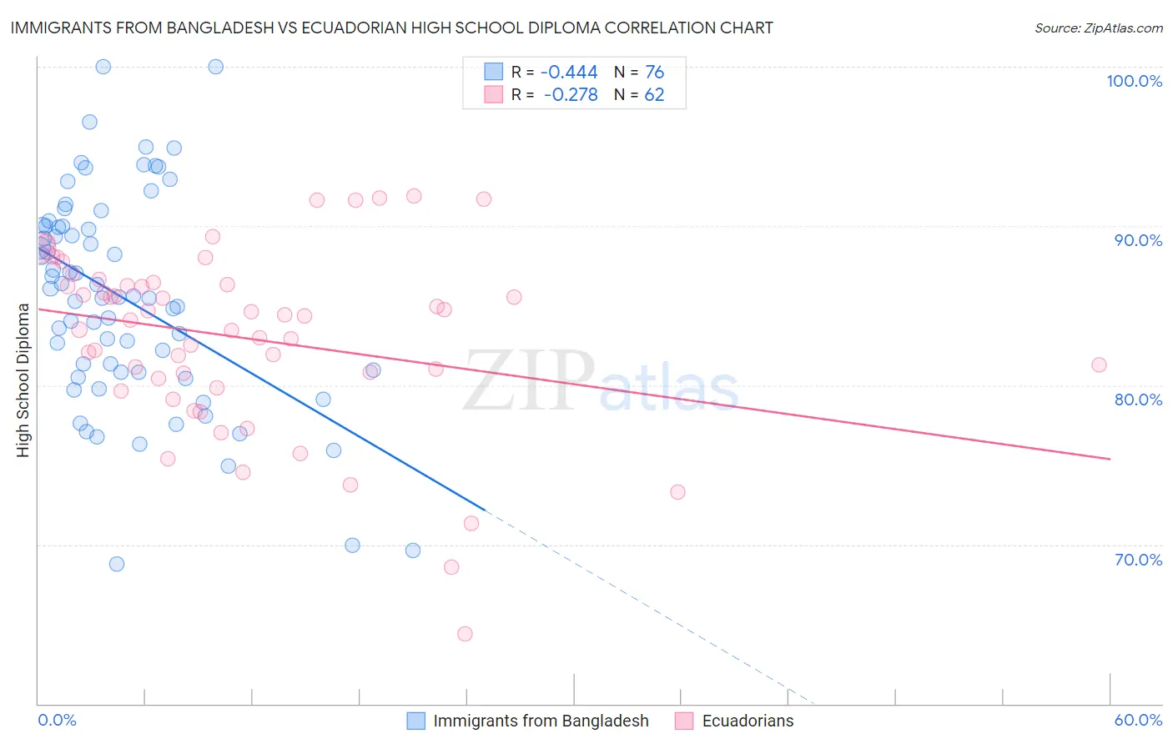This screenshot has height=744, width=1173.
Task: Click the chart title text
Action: click(391, 28)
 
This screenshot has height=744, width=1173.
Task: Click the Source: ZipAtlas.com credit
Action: click(1098, 28)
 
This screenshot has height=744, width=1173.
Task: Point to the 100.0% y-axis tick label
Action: click(1134, 81)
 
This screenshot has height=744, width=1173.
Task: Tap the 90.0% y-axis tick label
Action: click(1138, 240)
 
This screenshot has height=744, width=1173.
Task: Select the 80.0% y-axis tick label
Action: click(1138, 400)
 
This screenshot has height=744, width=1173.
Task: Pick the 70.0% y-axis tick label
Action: click(1138, 560)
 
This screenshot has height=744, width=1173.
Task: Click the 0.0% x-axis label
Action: click(57, 720)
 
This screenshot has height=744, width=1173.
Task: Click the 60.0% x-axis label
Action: click(1138, 720)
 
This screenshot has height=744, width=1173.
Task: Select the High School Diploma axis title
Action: click(23, 380)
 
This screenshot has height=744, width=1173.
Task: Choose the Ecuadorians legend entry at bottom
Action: click(748, 721)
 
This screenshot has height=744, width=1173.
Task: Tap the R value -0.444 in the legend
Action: click(570, 73)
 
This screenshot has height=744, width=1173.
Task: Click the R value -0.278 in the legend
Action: click(570, 95)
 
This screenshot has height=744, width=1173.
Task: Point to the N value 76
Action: click(654, 73)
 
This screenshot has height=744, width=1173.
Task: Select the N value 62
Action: click(654, 95)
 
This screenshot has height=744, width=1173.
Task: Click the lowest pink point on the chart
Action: click(465, 634)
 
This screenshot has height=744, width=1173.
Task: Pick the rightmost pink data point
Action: click(1099, 364)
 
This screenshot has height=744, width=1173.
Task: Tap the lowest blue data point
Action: click(117, 564)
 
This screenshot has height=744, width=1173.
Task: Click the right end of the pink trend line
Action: click(1110, 459)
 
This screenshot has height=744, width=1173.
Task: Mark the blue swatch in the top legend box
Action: click(494, 73)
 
